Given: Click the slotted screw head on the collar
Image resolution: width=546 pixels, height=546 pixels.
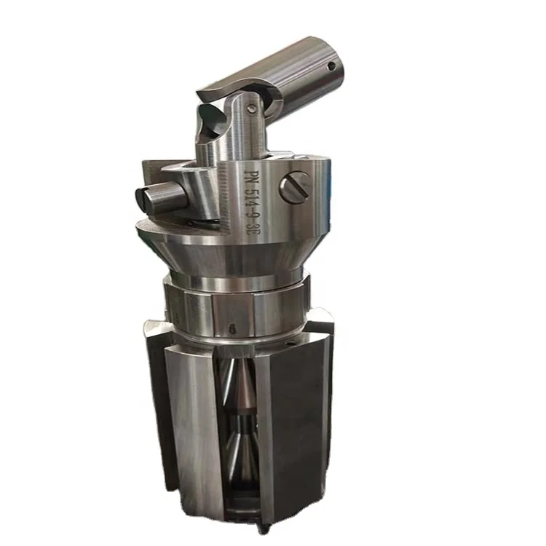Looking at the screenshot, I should click(296, 189).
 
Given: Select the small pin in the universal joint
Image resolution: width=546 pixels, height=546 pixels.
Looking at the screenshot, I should click(251, 108).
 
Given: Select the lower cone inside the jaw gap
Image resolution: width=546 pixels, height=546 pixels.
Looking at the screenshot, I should click(240, 444).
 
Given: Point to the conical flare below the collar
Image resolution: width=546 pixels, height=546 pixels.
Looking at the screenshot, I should click(233, 255).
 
